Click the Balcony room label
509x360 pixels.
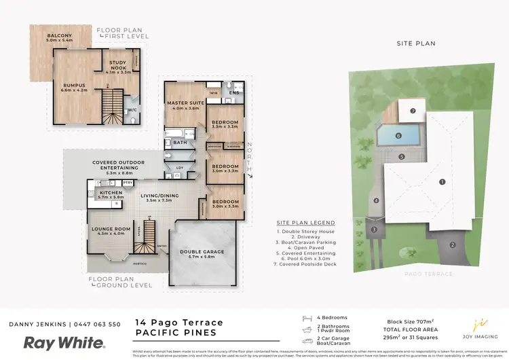[x=60, y=38]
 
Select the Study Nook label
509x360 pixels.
[x=123, y=66]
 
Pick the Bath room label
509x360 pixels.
[x=180, y=143]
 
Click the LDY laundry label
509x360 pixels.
[x=180, y=167]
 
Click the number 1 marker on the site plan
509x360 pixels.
[x=442, y=181]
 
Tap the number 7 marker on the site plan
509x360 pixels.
[x=411, y=111]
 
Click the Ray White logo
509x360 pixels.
[x=64, y=342]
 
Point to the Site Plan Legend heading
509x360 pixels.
[x=305, y=223]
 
